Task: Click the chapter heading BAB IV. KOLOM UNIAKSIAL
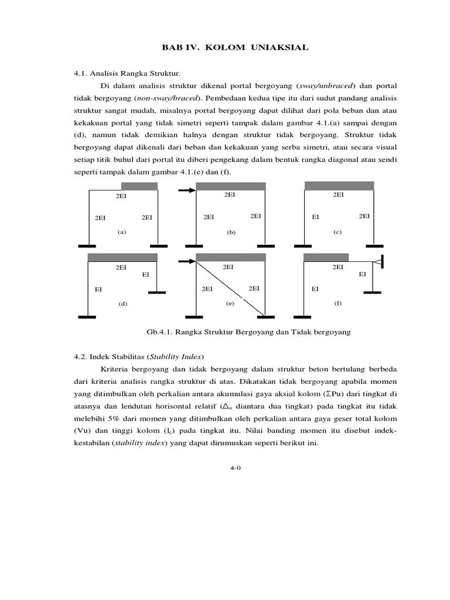[224, 47]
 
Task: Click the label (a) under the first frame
[121, 232]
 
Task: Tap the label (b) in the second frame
[231, 232]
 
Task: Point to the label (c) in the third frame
[337, 232]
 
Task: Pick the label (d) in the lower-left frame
[122, 304]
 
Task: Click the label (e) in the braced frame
[230, 304]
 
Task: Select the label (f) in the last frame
[338, 304]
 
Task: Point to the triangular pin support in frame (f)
[379, 261]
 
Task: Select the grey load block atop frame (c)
[339, 186]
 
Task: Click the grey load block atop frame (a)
[139, 186]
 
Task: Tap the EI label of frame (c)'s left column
[315, 217]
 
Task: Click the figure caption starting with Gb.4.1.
[248, 332]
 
